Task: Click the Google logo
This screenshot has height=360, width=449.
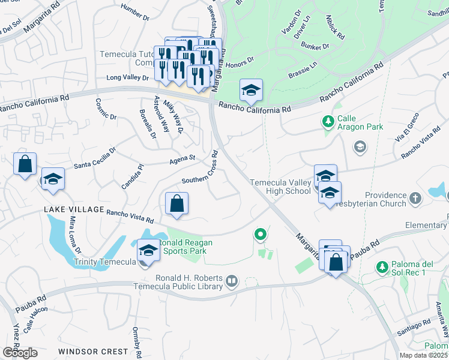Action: (x=19, y=353)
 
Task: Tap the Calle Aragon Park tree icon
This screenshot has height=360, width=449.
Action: (x=328, y=122)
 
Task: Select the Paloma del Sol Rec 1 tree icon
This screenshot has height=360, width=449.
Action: (x=381, y=266)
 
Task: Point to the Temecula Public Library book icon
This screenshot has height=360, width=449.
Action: (x=232, y=280)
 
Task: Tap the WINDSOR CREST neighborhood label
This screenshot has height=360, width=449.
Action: (x=93, y=351)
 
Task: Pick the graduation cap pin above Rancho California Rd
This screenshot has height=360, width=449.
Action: (x=251, y=91)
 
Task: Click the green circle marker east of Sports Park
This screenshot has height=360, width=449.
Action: (x=260, y=235)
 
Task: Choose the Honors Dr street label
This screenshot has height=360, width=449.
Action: (x=240, y=59)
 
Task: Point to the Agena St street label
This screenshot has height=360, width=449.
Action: (x=182, y=158)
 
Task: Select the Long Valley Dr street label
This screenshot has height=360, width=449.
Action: (x=127, y=77)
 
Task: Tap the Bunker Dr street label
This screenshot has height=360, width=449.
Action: (x=317, y=46)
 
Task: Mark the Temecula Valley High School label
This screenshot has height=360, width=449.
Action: (x=280, y=187)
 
